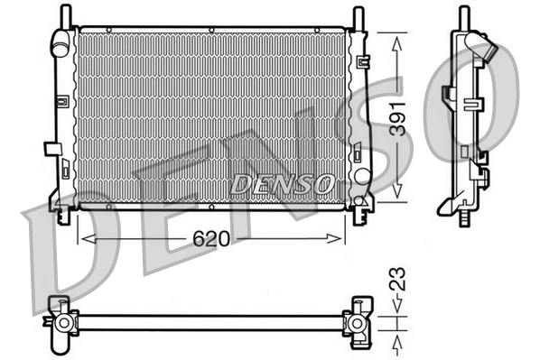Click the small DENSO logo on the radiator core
pos(281,183)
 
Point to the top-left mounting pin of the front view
pos(66,15)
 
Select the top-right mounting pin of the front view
pos(358,15)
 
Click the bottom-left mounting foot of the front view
pos(62,215)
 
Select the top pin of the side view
pos(464,15)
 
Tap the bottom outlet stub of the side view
pos(465,217)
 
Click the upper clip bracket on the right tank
pos(363,64)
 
